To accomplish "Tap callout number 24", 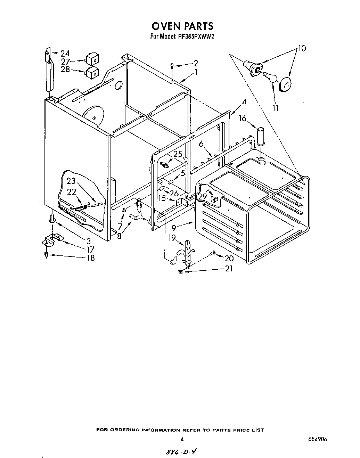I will click(x=65, y=54).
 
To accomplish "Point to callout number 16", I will click(x=242, y=118).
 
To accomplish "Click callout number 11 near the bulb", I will click(x=276, y=108).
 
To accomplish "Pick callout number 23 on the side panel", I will click(x=71, y=181).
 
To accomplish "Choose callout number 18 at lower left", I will click(x=90, y=258).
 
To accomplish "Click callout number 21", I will click(x=229, y=269).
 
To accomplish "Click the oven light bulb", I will click(x=270, y=76).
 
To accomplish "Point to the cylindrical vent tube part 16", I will click(x=261, y=138).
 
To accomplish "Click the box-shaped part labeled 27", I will click(x=92, y=59).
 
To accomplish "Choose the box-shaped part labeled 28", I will click(x=92, y=73).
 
